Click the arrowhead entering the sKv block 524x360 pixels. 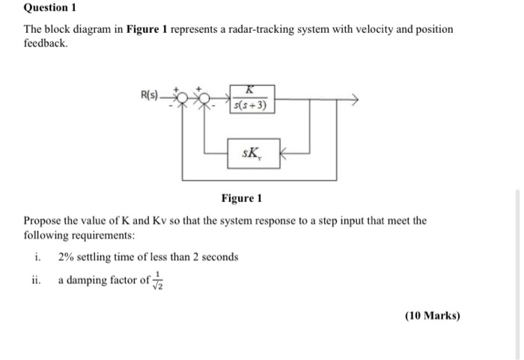283,155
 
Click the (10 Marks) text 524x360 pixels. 432,315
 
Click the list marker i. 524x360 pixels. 37,257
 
